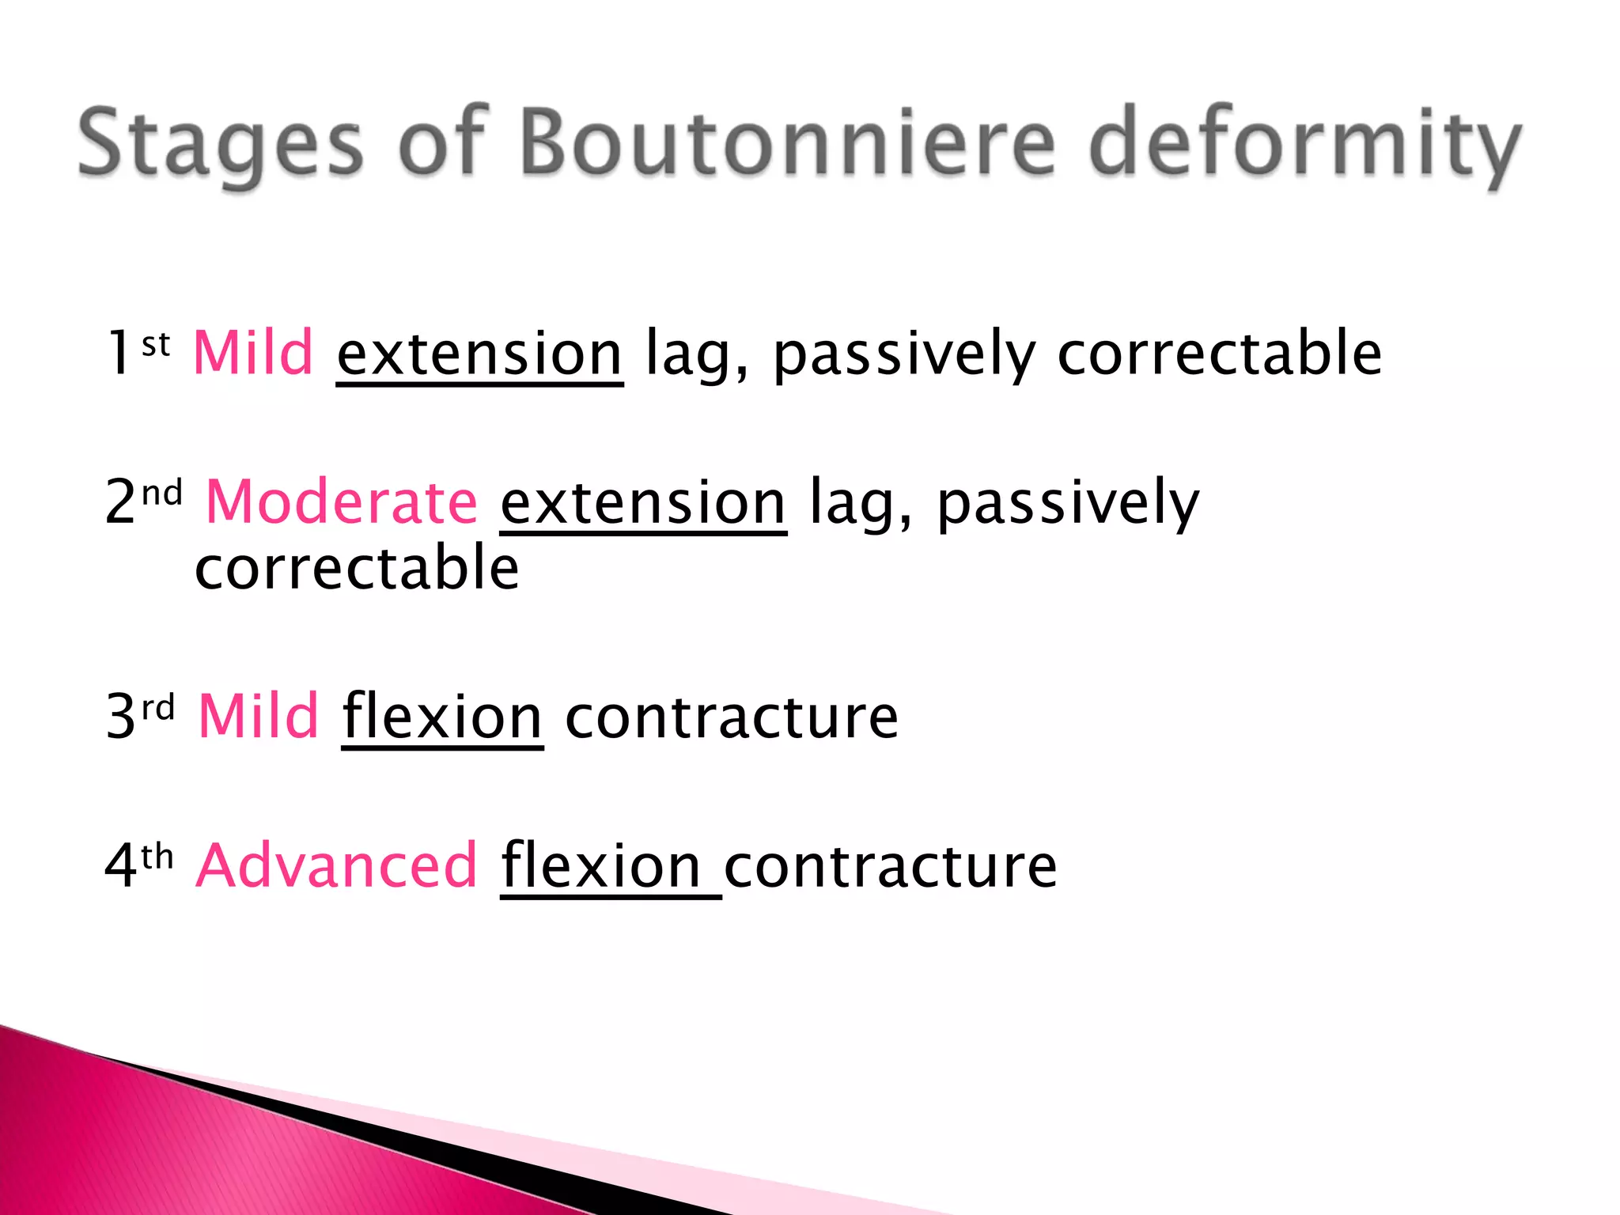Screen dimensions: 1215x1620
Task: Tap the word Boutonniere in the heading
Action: tap(787, 142)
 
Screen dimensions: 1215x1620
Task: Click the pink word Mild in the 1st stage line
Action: tap(253, 353)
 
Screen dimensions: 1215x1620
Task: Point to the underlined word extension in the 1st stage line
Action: tap(479, 354)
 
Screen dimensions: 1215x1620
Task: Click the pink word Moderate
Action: tap(342, 502)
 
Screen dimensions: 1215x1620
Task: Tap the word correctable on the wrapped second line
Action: tap(357, 568)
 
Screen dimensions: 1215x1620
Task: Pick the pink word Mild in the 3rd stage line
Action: tap(258, 717)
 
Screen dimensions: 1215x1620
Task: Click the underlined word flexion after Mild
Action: tap(442, 717)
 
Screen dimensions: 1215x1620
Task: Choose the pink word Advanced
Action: tap(337, 866)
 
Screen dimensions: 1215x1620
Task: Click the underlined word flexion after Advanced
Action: tap(601, 866)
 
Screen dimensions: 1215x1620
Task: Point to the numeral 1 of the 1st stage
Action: tap(119, 354)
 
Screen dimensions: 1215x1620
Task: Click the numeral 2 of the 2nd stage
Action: tap(120, 503)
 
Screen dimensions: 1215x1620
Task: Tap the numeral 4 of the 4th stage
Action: tap(120, 867)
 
